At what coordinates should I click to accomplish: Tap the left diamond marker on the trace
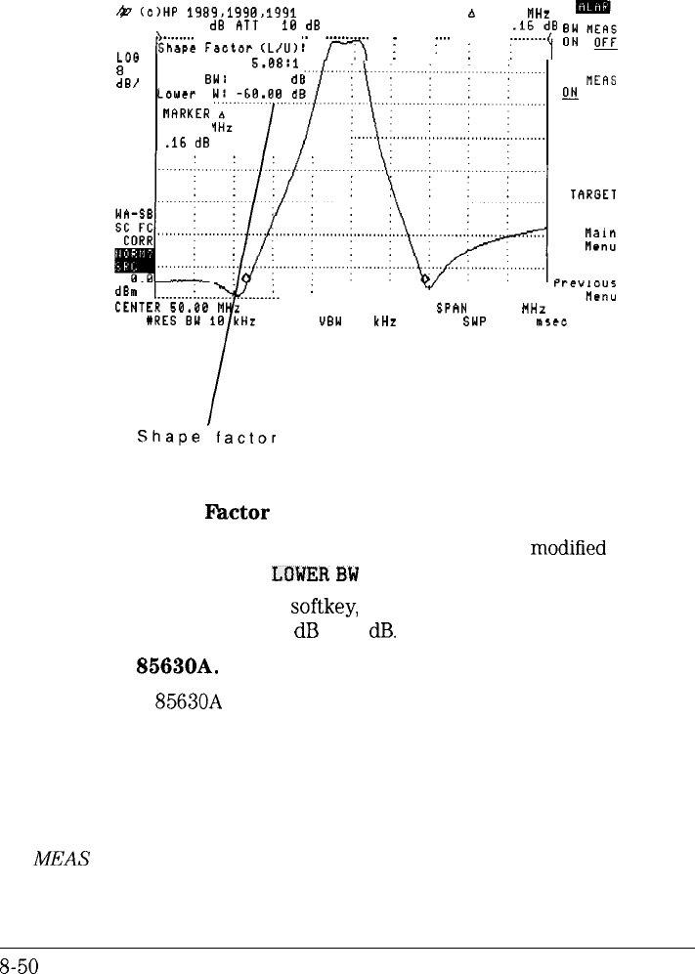245,278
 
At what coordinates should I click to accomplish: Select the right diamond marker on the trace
426,279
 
